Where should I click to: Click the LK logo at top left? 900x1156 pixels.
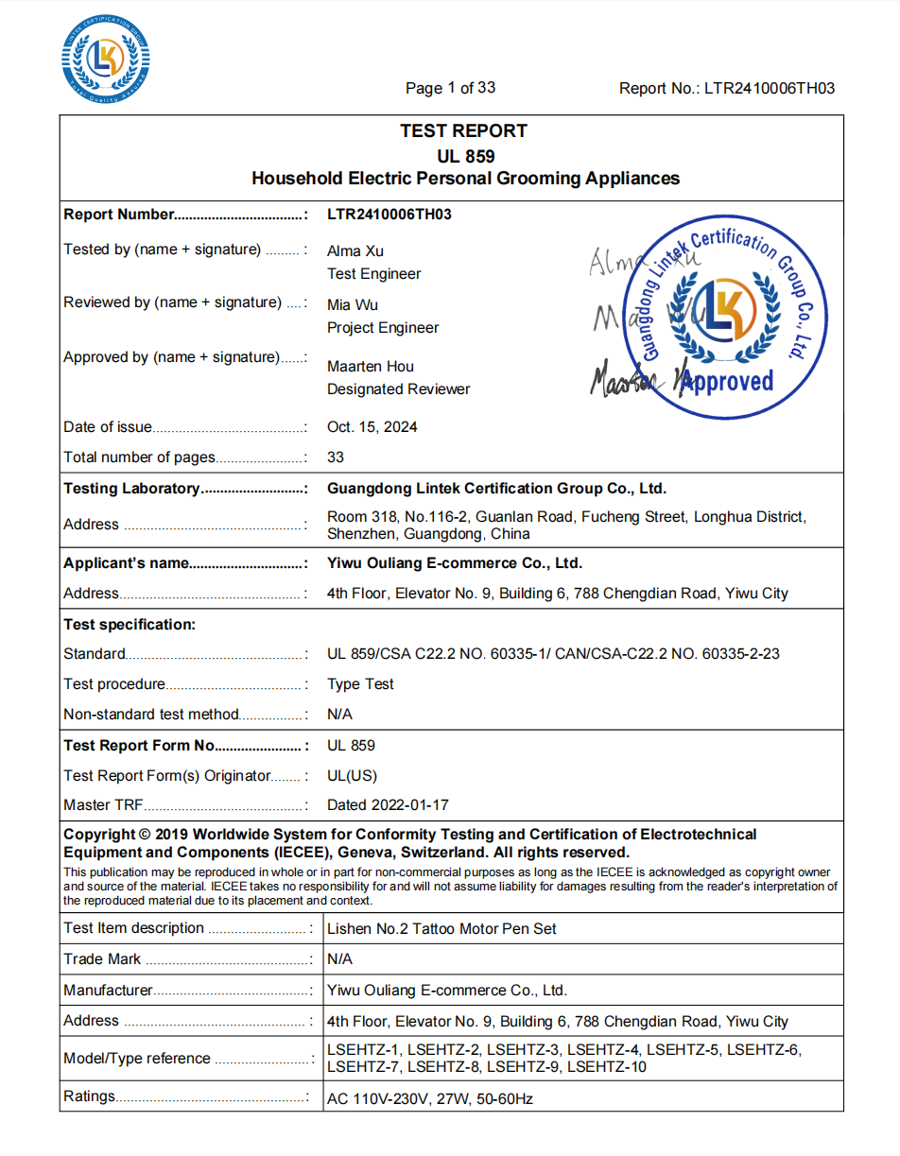coord(106,60)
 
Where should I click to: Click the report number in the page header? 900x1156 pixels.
coord(727,89)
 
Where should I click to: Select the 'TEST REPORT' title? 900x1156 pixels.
coord(463,131)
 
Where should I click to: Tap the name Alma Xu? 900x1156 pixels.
coord(355,251)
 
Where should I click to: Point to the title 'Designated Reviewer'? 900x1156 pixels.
coord(398,389)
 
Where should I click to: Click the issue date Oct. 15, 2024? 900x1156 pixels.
coord(372,427)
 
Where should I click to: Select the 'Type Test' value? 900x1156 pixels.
coord(360,684)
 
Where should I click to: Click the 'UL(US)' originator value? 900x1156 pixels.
coord(352,776)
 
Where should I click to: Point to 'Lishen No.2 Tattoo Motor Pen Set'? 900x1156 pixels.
coord(441,929)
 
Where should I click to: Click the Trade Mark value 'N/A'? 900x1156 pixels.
coord(339,959)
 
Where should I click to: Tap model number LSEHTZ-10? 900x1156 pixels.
coord(607,1067)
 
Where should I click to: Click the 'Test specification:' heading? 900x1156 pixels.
coord(130,625)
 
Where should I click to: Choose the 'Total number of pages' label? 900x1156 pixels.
coord(139,457)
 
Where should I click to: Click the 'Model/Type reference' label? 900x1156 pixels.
coord(136,1059)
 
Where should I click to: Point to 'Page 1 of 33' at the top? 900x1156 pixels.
coord(450,88)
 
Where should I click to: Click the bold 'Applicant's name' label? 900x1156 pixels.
coord(126,563)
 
